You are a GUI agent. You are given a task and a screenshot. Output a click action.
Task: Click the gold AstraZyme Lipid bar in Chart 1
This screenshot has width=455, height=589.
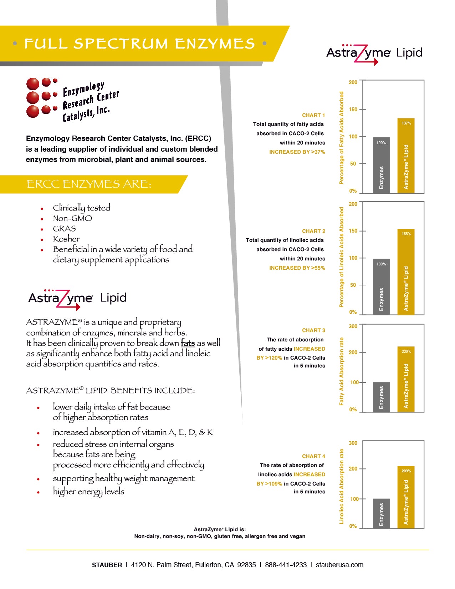(406, 156)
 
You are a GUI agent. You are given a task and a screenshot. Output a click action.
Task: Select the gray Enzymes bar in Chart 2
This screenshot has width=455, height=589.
(381, 286)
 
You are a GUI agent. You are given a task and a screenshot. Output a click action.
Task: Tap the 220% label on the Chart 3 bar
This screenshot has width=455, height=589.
(406, 351)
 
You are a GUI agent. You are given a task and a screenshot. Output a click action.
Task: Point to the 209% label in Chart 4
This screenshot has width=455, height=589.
(406, 471)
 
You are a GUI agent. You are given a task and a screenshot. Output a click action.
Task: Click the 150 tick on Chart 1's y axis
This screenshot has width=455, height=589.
(353, 110)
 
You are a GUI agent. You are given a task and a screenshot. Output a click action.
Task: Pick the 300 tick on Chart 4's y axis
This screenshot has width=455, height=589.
(353, 443)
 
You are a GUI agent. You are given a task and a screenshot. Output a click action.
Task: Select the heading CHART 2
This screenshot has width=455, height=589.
(313, 231)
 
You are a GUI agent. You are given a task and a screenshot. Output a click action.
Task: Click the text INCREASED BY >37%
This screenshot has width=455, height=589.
(297, 152)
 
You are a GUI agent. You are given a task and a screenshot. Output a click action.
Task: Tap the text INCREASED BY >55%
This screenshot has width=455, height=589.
(297, 268)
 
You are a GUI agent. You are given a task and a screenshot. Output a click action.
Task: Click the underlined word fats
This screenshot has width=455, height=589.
(188, 343)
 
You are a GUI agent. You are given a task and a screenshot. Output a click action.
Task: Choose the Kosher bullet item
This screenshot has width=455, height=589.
(66, 239)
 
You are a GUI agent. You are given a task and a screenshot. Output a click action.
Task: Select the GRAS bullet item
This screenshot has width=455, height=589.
(64, 229)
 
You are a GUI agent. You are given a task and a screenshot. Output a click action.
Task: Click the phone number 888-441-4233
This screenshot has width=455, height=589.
(286, 565)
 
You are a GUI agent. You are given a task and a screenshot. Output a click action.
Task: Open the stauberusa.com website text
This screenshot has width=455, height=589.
(339, 565)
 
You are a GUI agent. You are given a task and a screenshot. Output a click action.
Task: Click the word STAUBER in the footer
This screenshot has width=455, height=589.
(107, 565)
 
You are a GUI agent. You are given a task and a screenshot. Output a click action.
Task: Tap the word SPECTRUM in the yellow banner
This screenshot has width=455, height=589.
(121, 44)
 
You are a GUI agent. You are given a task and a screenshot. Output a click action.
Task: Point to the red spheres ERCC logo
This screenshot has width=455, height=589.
(41, 97)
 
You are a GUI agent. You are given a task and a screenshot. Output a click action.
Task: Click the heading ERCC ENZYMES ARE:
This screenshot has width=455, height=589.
(89, 184)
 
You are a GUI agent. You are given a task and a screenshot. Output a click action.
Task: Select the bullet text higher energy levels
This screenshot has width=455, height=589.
(88, 491)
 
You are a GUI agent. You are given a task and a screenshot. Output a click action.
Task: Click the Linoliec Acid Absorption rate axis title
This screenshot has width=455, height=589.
(341, 486)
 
